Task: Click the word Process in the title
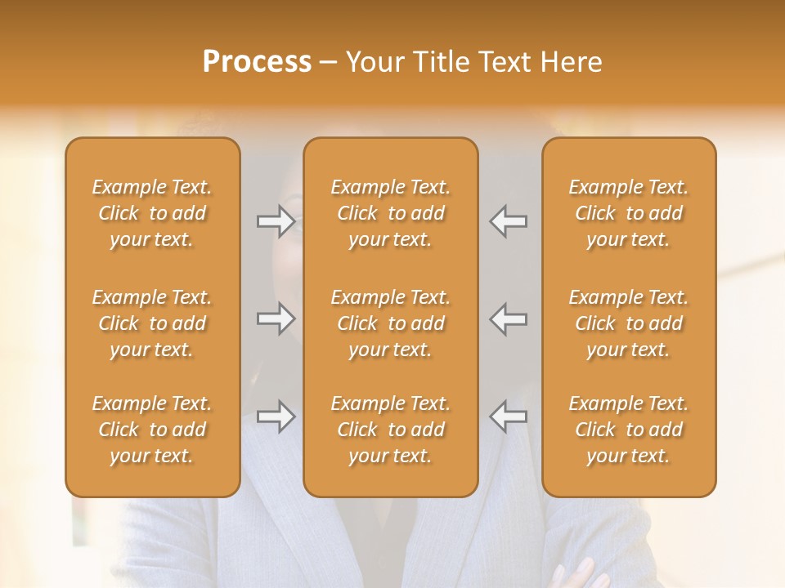pyautogui.click(x=257, y=62)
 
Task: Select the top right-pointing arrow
pyautogui.click(x=276, y=221)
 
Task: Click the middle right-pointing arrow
pyautogui.click(x=276, y=318)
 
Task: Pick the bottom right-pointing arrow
pyautogui.click(x=276, y=416)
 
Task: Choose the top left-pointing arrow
pyautogui.click(x=508, y=221)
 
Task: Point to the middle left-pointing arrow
pyautogui.click(x=508, y=318)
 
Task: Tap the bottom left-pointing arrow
pyautogui.click(x=508, y=416)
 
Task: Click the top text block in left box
pyautogui.click(x=152, y=213)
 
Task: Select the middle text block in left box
pyautogui.click(x=152, y=323)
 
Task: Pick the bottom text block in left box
pyautogui.click(x=152, y=430)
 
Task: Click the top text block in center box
pyautogui.click(x=390, y=213)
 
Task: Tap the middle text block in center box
pyautogui.click(x=390, y=323)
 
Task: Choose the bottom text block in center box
pyautogui.click(x=390, y=430)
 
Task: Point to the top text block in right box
pyautogui.click(x=628, y=213)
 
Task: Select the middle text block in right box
pyautogui.click(x=628, y=323)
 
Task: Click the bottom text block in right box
pyautogui.click(x=628, y=430)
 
